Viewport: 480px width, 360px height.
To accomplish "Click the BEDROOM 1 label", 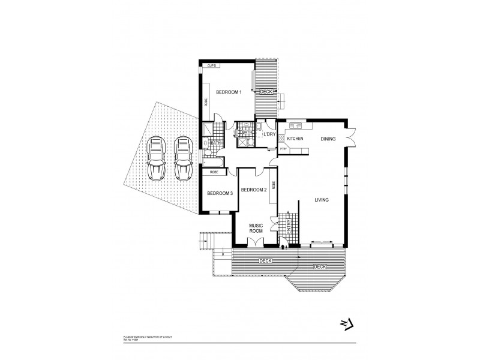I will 229,92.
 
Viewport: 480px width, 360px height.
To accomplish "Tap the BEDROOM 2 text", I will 253,190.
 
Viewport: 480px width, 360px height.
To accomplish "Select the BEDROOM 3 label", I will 220,193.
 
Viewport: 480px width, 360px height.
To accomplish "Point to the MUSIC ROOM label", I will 257,228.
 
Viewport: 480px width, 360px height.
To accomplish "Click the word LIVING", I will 322,200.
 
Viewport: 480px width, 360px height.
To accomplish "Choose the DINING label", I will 328,139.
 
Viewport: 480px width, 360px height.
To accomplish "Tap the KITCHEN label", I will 296,139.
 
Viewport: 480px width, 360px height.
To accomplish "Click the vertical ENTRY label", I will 289,226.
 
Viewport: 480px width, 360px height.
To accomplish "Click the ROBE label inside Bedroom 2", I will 274,185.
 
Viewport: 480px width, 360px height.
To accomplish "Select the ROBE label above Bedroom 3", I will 214,172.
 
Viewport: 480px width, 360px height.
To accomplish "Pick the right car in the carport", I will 182,158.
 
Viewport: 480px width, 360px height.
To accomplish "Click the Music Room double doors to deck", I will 256,241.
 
